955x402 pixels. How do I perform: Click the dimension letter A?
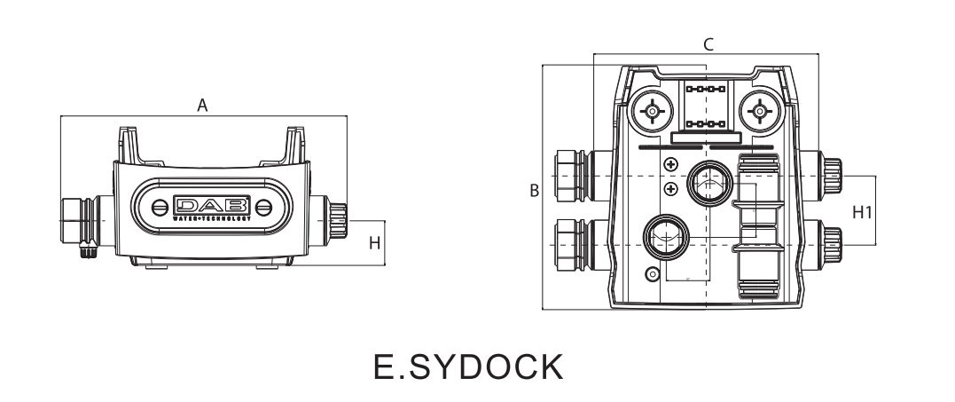tap(202, 106)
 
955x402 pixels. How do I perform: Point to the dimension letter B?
tap(533, 190)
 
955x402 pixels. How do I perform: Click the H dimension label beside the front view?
tap(375, 242)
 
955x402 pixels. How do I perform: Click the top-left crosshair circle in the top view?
tap(653, 112)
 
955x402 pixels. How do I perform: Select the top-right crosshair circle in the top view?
tap(758, 112)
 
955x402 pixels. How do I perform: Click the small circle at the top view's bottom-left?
tap(654, 273)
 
